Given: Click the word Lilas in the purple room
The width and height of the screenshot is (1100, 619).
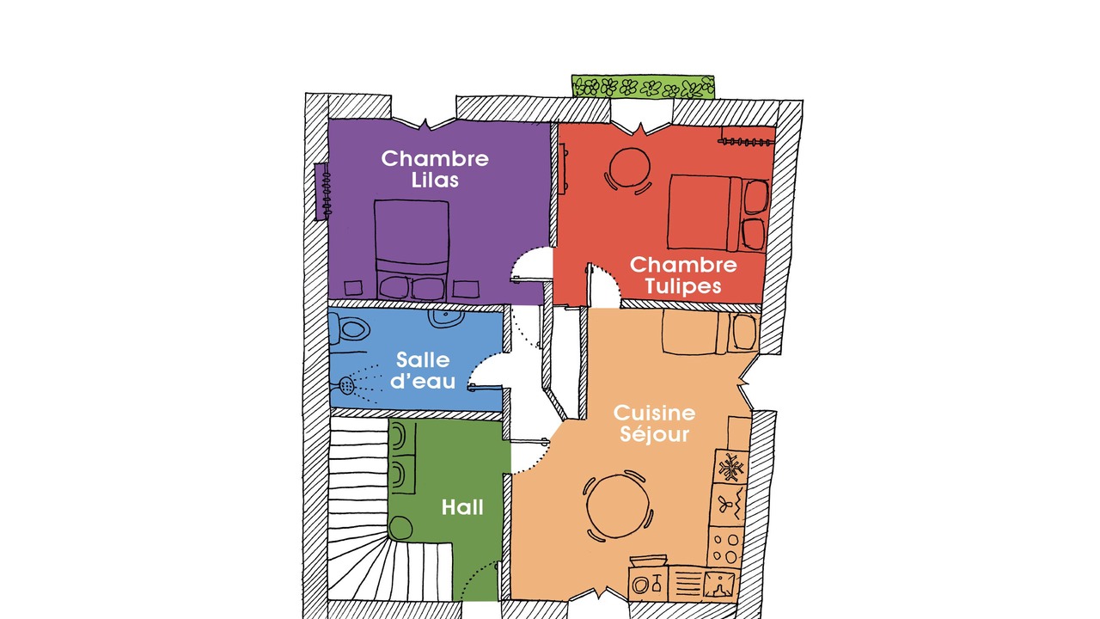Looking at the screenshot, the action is click(435, 181).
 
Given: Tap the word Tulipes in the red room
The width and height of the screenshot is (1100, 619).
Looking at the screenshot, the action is click(682, 286).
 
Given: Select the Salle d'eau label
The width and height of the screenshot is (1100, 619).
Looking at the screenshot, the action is click(423, 371).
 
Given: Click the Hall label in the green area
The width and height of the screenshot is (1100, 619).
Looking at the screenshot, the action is click(462, 507).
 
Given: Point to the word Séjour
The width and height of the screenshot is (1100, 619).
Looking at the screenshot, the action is click(654, 434).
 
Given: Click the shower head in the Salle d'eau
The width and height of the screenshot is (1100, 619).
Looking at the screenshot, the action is click(346, 386).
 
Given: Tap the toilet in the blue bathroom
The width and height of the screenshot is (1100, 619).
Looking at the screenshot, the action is click(349, 328).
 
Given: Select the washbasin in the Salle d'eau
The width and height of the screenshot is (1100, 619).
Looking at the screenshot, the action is click(446, 318).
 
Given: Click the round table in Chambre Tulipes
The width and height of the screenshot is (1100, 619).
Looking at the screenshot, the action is click(630, 168).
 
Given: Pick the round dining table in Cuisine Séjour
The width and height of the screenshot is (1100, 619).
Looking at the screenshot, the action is click(618, 506).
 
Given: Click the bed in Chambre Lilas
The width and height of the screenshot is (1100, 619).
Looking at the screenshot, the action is click(412, 249).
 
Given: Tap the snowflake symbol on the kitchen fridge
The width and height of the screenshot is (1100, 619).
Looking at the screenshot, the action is click(731, 467).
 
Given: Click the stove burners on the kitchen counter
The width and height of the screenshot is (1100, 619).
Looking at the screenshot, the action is click(724, 548).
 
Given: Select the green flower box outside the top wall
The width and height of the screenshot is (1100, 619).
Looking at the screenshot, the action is click(643, 87).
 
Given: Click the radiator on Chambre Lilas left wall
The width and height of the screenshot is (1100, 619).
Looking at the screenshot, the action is click(324, 192).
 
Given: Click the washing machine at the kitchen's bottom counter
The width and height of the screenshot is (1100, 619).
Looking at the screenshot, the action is click(648, 584).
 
